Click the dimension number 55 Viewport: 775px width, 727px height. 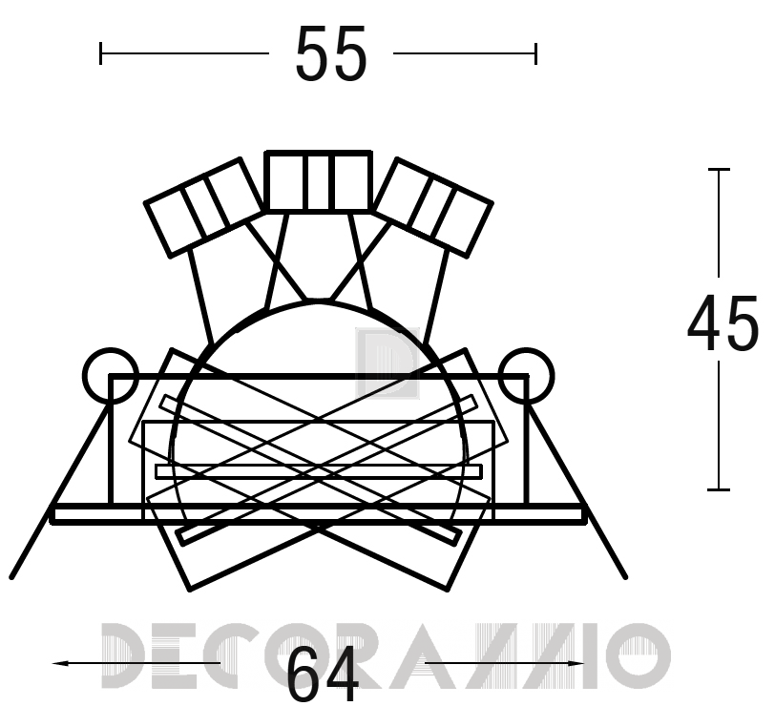pos(331,53)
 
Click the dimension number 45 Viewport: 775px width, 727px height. pos(723,323)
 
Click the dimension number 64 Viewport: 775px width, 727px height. pos(323,675)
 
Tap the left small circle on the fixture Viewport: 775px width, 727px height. pos(111,375)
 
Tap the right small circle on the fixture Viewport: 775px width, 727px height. pos(527,375)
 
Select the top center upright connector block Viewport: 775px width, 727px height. pos(319,181)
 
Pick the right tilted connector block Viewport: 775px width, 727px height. pos(433,208)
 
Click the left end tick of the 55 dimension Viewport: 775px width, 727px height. pos(101,53)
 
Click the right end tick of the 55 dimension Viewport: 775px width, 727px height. pos(535,53)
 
